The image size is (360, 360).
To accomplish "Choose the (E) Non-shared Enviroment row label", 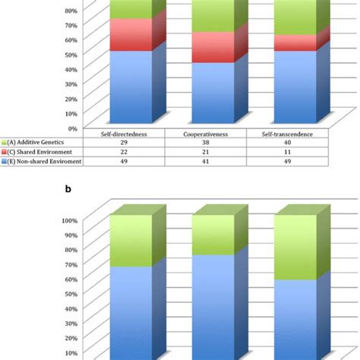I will [x=47, y=160].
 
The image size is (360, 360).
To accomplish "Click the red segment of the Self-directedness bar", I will [x=131, y=34].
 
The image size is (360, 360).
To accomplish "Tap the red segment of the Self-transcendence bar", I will [x=292, y=43].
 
